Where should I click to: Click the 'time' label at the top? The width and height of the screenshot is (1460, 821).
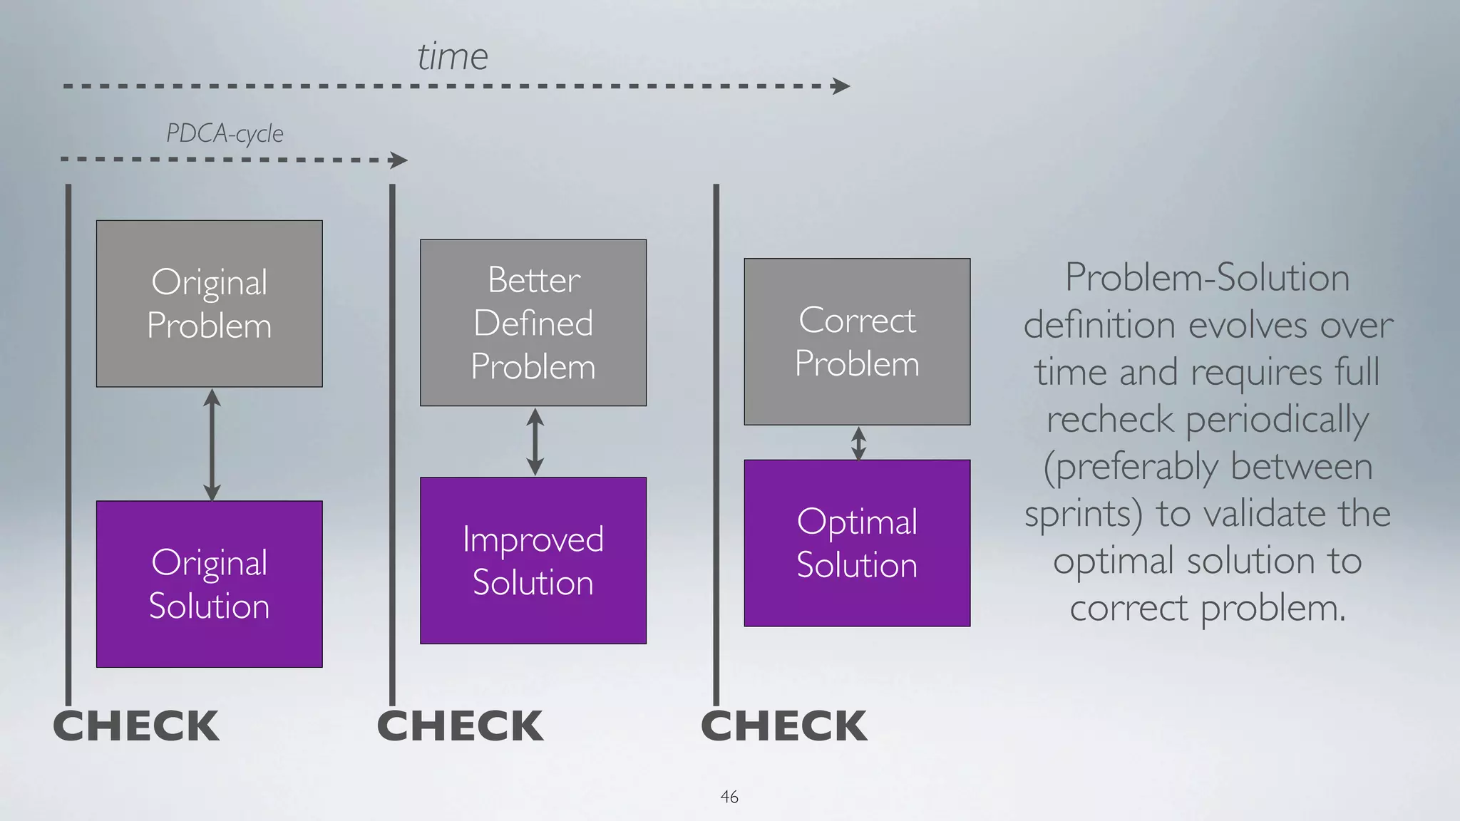(453, 56)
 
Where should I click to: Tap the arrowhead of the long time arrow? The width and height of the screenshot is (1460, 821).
(842, 86)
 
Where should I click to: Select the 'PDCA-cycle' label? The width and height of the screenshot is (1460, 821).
(225, 133)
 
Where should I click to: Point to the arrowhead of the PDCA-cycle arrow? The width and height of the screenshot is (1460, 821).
(399, 160)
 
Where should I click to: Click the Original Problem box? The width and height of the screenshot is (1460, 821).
(209, 304)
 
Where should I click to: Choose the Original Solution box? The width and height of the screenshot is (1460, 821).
(209, 584)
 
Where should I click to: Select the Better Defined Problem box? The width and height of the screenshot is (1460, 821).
(533, 323)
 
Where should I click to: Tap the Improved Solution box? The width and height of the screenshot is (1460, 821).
(533, 560)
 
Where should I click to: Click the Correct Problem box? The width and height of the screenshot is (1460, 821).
(857, 341)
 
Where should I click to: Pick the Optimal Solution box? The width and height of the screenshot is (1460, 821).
(857, 543)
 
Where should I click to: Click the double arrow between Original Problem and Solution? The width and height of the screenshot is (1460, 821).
(212, 444)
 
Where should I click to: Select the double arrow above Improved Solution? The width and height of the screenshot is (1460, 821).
(535, 442)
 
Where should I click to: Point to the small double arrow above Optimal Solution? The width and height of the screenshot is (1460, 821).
(859, 443)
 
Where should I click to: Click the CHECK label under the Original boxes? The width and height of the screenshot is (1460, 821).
(136, 726)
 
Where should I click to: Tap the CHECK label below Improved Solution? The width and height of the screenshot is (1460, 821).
(461, 726)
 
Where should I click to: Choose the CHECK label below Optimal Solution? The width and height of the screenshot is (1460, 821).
(784, 726)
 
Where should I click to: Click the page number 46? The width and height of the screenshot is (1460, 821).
(729, 797)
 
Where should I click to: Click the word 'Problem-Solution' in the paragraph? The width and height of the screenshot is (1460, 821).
(1207, 277)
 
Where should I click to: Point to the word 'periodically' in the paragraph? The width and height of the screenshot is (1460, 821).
(1277, 419)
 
